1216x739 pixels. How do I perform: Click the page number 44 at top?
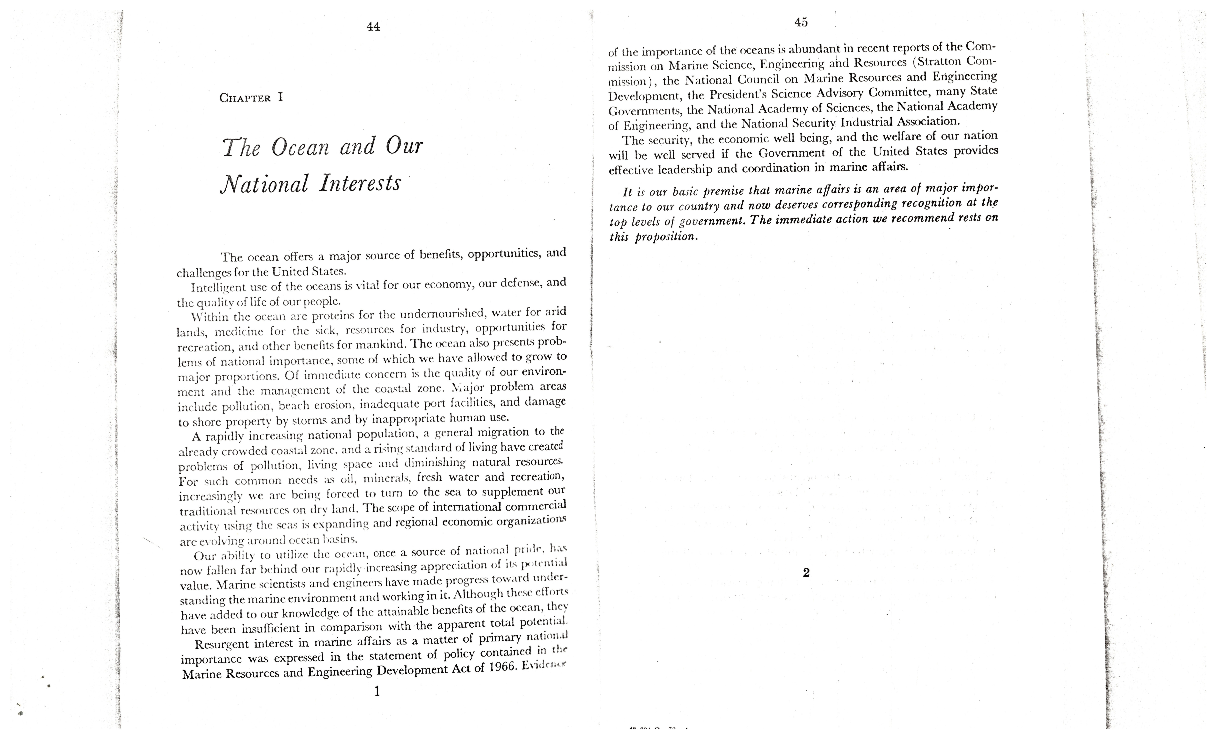(373, 27)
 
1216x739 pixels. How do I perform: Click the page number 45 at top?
(801, 22)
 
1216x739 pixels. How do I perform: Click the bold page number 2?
(806, 573)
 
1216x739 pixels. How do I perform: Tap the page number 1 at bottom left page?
(377, 691)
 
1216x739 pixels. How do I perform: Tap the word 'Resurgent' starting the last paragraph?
(222, 645)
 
